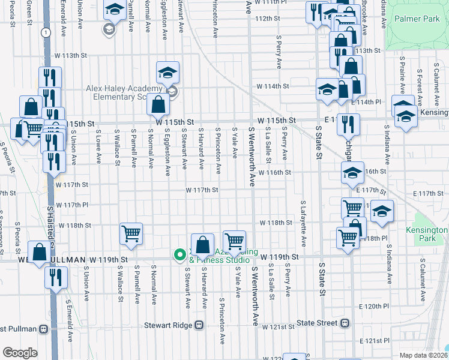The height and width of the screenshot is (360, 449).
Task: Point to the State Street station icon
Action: coord(345,323)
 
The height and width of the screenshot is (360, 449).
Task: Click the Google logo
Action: coord(20,352)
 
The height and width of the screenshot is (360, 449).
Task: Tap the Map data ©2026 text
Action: coord(423,355)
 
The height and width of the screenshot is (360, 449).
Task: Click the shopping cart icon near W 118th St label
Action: coord(131,234)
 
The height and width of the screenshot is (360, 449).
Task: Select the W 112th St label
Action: coord(268,19)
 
